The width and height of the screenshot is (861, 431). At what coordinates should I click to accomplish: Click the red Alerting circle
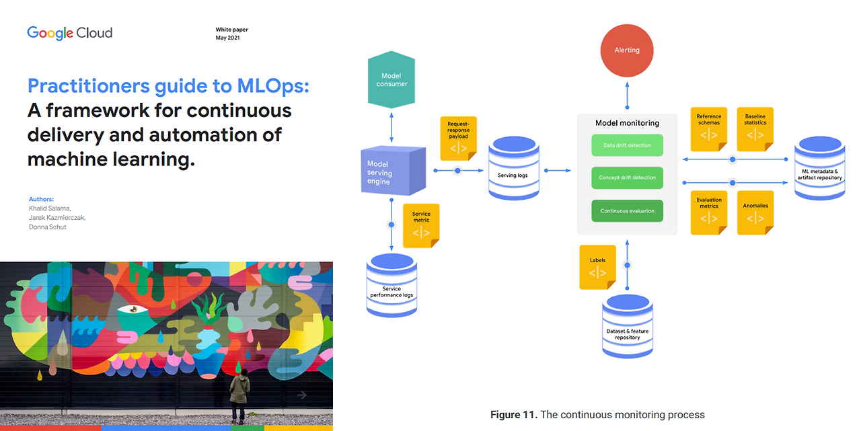(x=627, y=50)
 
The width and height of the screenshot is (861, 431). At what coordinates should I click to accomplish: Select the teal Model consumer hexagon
(x=391, y=80)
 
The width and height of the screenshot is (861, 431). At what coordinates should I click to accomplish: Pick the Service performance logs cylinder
(x=391, y=286)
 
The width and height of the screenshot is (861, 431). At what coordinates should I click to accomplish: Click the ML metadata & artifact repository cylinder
(x=819, y=169)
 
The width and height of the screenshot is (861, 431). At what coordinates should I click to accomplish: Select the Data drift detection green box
(x=627, y=145)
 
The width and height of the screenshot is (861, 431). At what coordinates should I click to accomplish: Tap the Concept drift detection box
(x=627, y=178)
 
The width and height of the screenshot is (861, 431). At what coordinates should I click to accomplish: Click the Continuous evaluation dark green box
(x=627, y=210)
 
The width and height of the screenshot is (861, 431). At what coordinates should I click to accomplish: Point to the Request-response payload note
(x=458, y=139)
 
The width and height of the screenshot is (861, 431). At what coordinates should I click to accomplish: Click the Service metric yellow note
(x=421, y=225)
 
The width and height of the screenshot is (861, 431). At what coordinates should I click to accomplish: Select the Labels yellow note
(x=597, y=267)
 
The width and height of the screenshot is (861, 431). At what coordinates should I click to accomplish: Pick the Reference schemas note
(x=709, y=128)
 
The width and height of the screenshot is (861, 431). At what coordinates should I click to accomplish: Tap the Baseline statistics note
(x=755, y=128)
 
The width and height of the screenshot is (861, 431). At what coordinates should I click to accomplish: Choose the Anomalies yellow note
(x=755, y=212)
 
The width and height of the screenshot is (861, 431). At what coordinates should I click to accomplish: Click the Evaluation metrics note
(x=709, y=212)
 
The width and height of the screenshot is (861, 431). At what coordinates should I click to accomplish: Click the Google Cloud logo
(x=69, y=33)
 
